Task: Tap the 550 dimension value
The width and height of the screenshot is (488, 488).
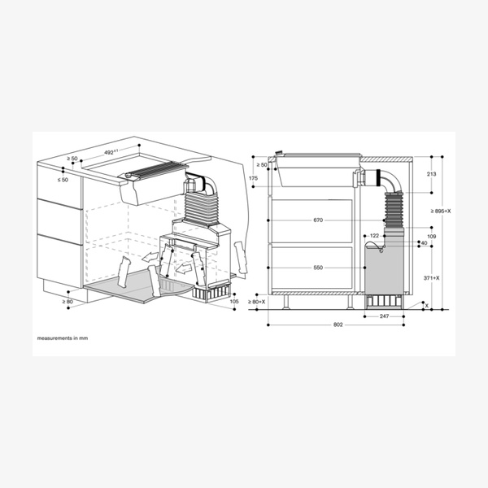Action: click(x=317, y=268)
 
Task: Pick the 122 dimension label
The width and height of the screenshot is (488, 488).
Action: click(x=375, y=236)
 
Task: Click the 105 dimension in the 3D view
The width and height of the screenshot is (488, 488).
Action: click(x=234, y=302)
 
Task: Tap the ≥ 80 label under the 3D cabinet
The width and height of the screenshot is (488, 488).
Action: click(x=69, y=302)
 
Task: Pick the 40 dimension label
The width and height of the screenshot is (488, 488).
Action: click(x=423, y=243)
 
